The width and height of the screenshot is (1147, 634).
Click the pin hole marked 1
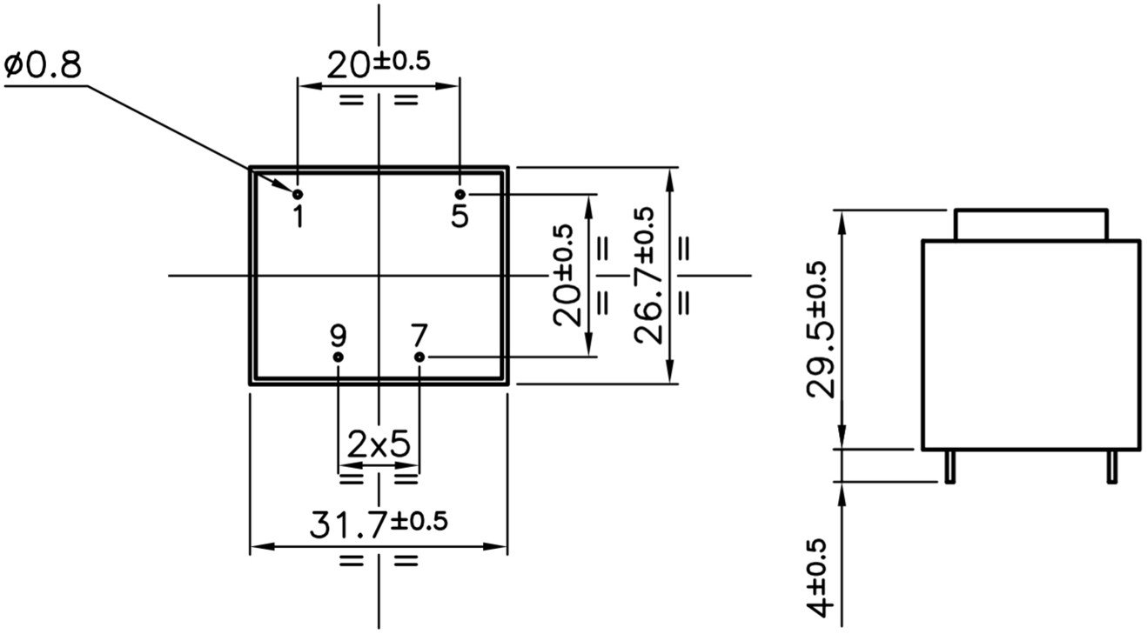pos(298,193)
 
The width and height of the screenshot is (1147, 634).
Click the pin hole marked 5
pos(460,193)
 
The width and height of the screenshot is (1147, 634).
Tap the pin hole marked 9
pos(339,357)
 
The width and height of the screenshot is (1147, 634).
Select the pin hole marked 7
pos(419,357)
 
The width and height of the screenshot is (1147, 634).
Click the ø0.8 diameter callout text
pos(44,65)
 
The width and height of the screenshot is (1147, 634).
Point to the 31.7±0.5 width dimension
pos(379,524)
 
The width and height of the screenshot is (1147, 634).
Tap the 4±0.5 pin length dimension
pos(820,577)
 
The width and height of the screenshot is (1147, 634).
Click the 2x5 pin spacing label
pos(379,445)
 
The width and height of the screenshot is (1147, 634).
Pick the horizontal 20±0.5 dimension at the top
pos(379,63)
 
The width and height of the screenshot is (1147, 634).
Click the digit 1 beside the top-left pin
pos(298,216)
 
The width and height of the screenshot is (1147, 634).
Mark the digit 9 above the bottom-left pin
pos(339,335)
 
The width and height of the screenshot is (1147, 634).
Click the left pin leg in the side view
pos(950,467)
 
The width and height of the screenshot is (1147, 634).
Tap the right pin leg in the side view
pos(1111,467)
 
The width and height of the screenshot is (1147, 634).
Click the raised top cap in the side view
pos(1031,224)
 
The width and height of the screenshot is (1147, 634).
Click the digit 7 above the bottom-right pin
pos(419,335)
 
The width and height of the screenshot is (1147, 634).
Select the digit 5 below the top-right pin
pos(459,216)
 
